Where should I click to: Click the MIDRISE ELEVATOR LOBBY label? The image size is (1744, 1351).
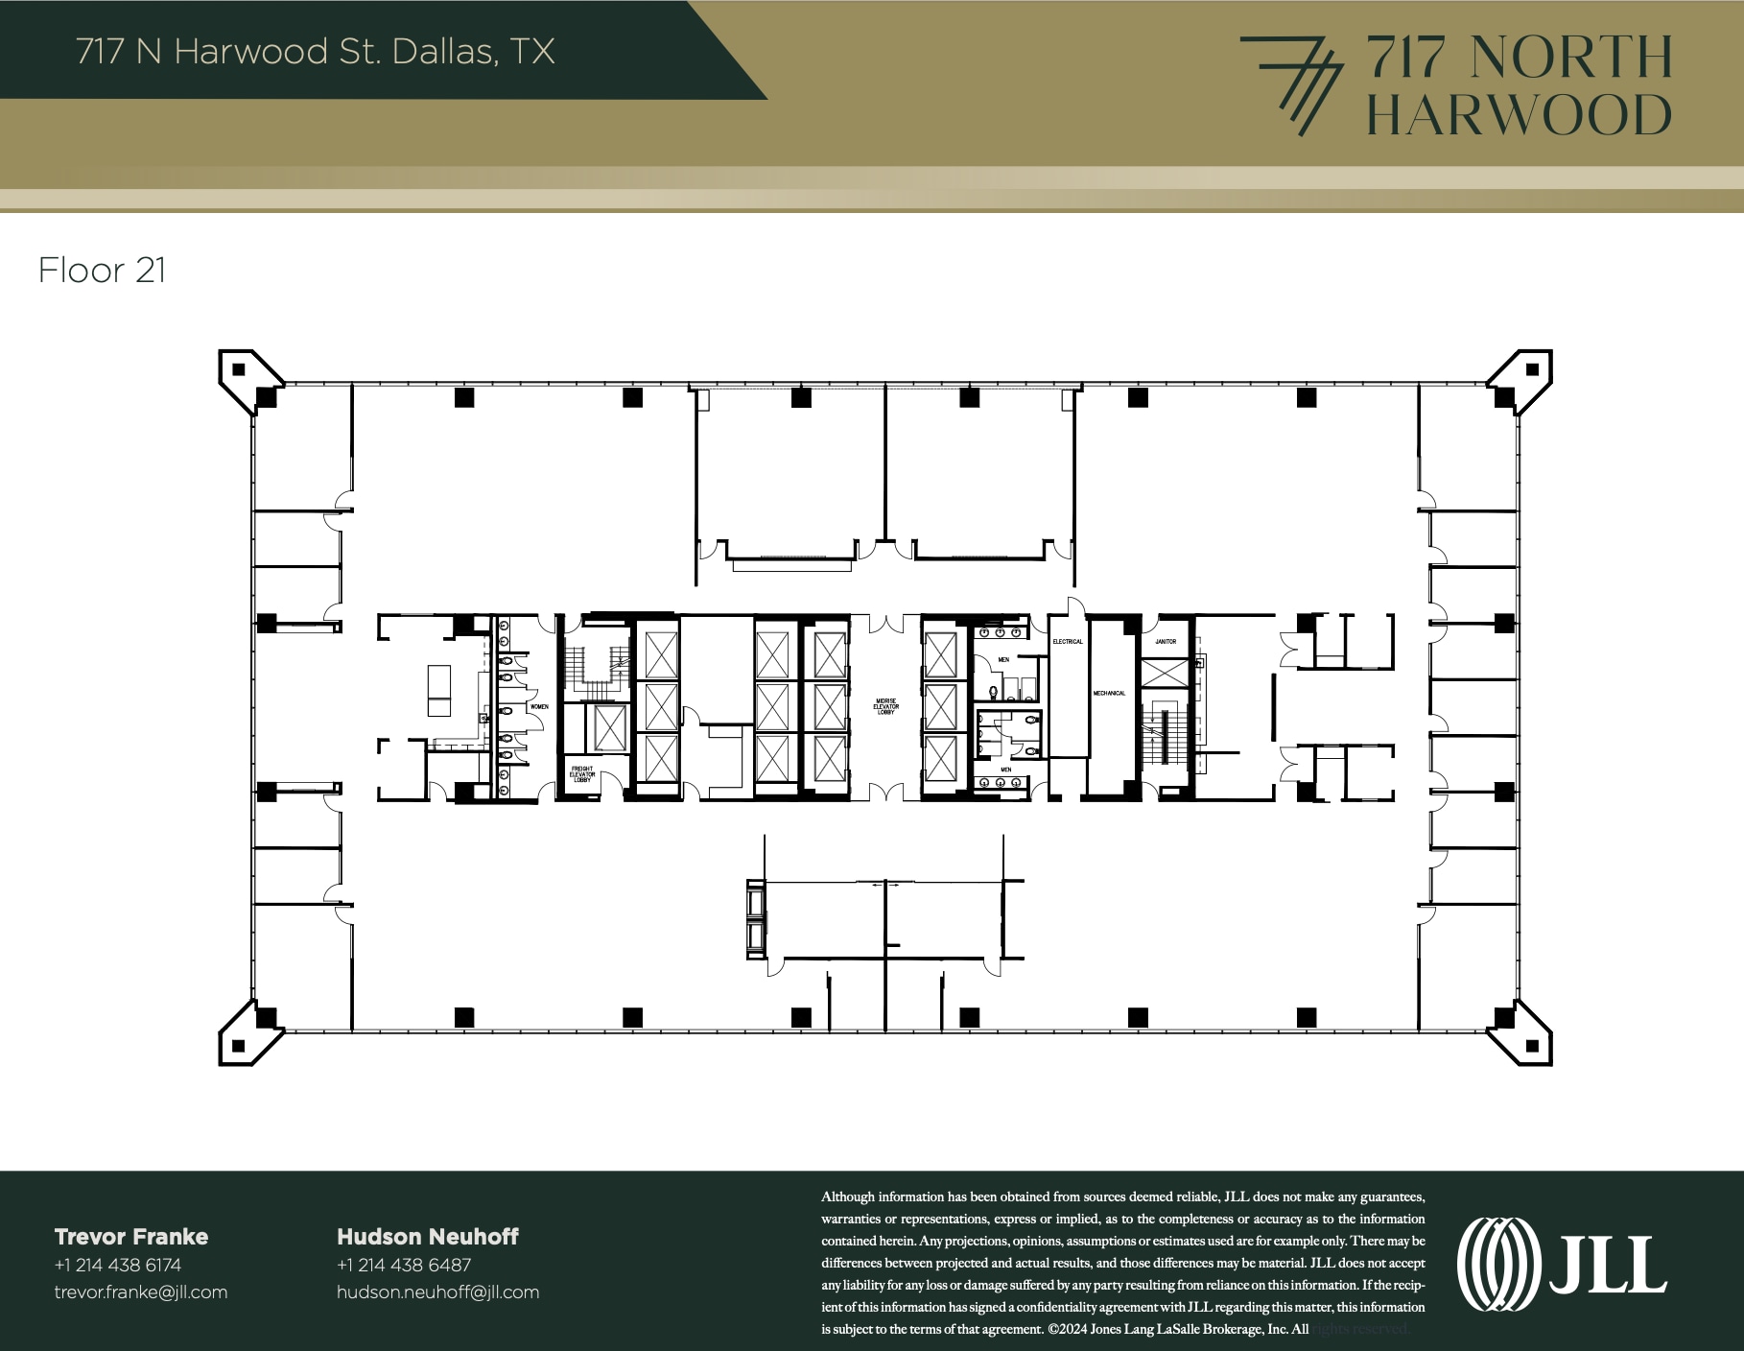click(885, 706)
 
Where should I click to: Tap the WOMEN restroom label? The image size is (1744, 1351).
click(539, 707)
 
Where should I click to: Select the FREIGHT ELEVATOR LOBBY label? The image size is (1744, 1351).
click(582, 773)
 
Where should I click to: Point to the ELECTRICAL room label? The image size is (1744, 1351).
click(1068, 641)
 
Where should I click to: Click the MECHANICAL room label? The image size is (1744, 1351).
click(1109, 693)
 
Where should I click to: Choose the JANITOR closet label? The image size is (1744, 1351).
click(1166, 641)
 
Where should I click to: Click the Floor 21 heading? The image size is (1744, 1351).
click(103, 271)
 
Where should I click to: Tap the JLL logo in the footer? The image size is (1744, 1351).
click(1561, 1265)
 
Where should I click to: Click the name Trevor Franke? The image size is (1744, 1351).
click(131, 1237)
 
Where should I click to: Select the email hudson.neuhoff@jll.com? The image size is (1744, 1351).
click(437, 1292)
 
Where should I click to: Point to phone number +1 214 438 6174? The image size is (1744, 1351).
click(118, 1265)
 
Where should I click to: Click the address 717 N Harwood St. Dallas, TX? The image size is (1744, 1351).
click(316, 51)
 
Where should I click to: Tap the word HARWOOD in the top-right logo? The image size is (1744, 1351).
click(1518, 114)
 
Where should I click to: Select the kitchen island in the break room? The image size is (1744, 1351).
click(439, 690)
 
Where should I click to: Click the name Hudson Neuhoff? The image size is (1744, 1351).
click(428, 1237)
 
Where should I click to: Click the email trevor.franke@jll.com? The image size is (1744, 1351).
click(141, 1292)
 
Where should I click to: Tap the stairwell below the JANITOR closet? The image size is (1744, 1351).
click(1164, 734)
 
